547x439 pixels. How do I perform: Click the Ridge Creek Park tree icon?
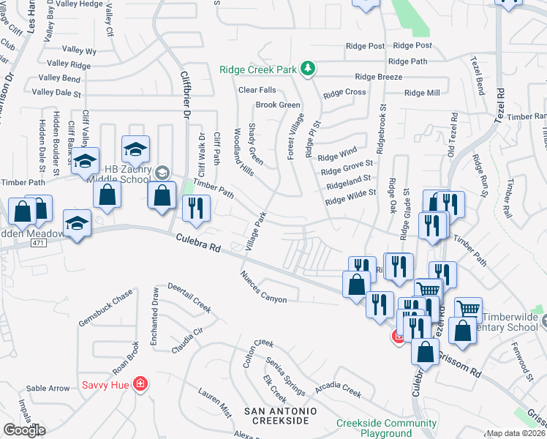click(x=309, y=69)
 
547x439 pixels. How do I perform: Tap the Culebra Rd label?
click(x=198, y=243)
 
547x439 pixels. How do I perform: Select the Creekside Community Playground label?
click(x=386, y=428)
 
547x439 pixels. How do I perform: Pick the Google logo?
click(x=25, y=429)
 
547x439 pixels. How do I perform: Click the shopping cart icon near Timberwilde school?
click(x=467, y=309)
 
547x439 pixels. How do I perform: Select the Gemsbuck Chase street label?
click(x=106, y=309)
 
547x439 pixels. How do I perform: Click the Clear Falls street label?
click(x=257, y=90)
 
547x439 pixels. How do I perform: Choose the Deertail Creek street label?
click(x=189, y=297)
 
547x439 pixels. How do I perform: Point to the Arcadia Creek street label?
click(x=338, y=388)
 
